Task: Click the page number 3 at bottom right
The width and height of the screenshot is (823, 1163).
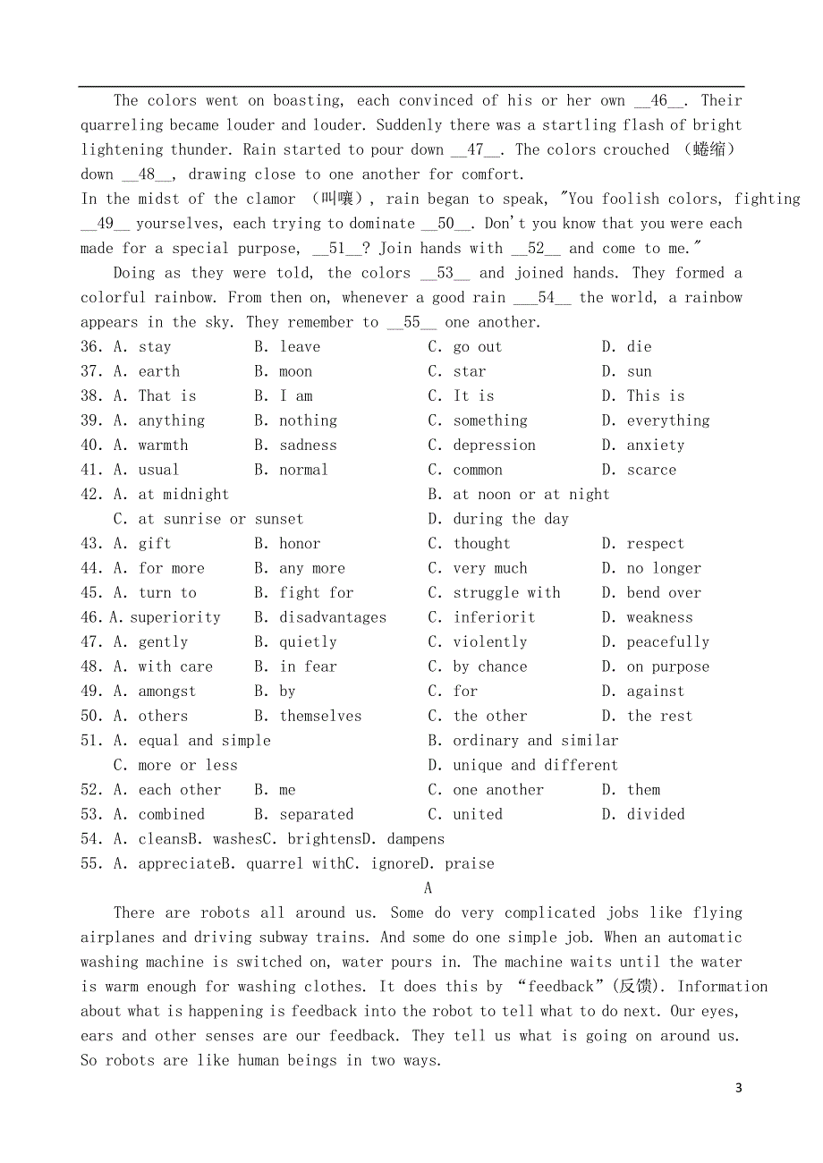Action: click(x=738, y=1088)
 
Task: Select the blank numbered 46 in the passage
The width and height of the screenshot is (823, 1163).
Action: click(x=660, y=101)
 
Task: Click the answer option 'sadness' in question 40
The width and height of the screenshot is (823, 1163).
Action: click(x=308, y=446)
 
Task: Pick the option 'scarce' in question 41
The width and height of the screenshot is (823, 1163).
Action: click(x=651, y=471)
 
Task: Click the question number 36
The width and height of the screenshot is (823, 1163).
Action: click(x=92, y=347)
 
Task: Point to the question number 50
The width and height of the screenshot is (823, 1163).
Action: click(x=92, y=717)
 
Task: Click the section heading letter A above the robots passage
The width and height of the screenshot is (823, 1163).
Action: click(x=428, y=888)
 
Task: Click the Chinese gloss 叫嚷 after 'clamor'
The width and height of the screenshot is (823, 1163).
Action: click(x=341, y=199)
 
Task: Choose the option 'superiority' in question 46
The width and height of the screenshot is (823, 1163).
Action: click(x=175, y=618)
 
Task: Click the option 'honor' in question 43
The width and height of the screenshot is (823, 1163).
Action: click(x=300, y=544)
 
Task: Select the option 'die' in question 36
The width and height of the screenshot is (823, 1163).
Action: click(x=639, y=347)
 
